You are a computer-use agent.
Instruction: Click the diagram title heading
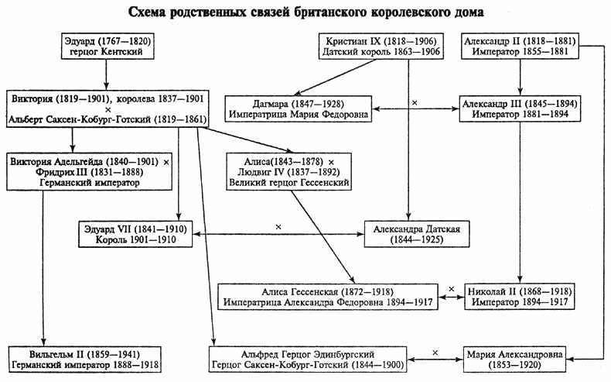[x=305, y=12]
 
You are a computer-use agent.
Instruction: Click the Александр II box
[x=520, y=47]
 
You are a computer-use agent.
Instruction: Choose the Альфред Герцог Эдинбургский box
[x=309, y=360]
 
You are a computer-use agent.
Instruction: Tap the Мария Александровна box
[x=520, y=360]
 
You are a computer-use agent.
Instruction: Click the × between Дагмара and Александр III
[x=415, y=102]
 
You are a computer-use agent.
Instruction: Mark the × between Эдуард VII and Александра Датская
[x=277, y=227]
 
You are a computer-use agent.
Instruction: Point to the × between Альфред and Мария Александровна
[x=435, y=353]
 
